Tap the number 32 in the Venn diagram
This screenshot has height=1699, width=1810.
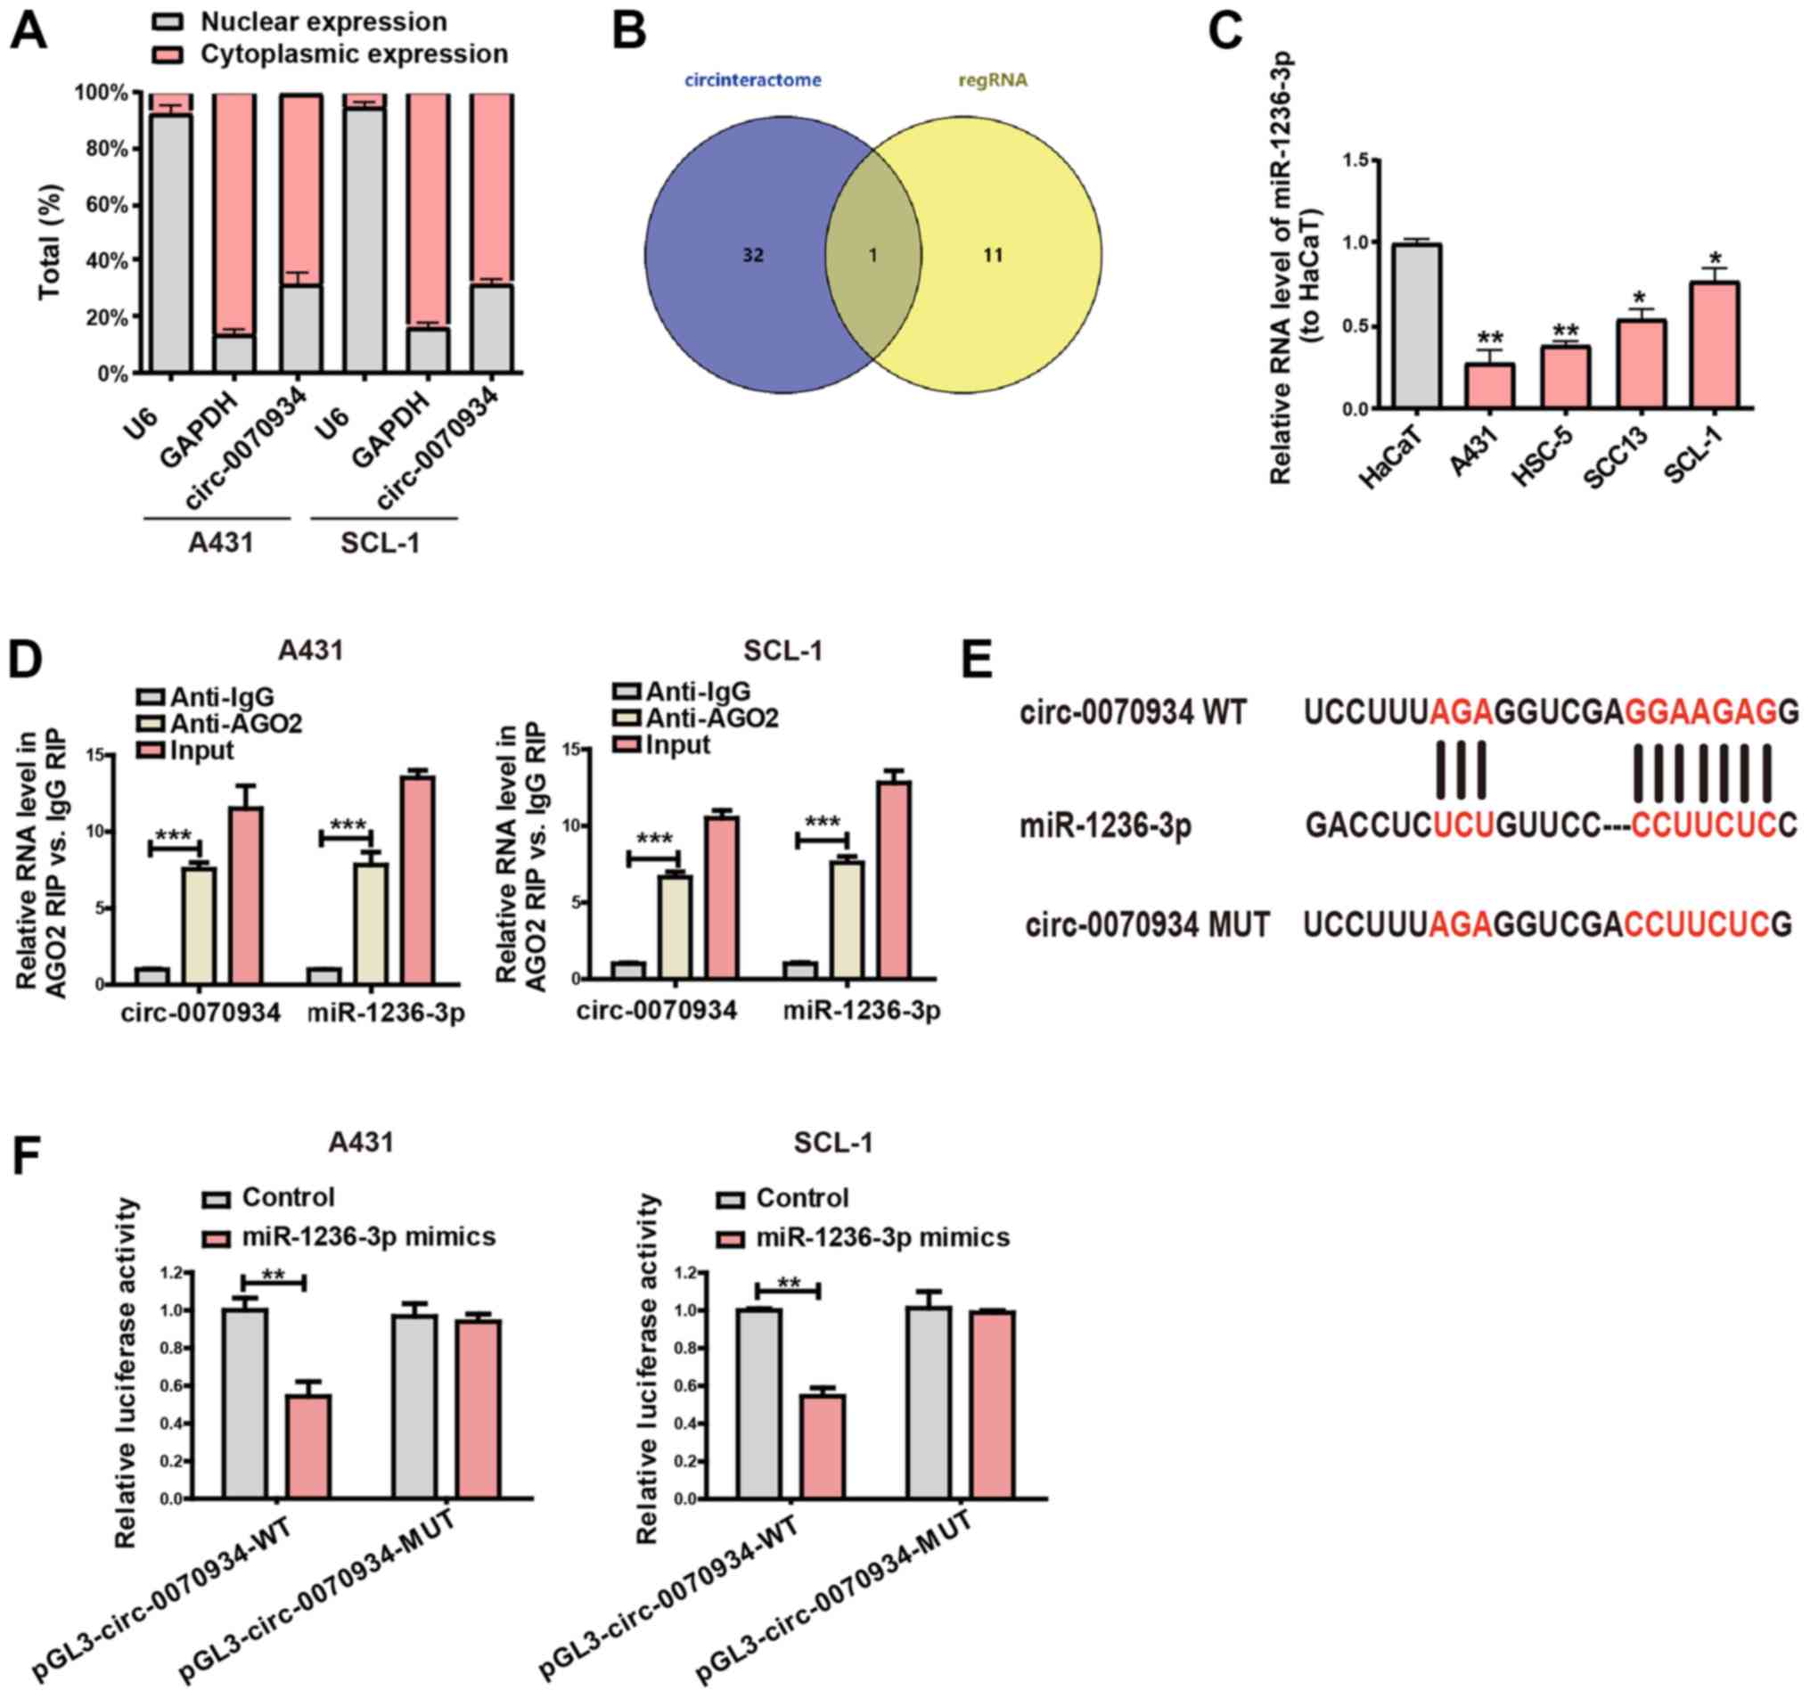tap(752, 256)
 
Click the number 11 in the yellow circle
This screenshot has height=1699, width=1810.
tap(993, 256)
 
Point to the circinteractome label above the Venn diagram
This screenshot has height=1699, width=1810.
tap(753, 80)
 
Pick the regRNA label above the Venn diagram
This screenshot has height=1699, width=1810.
tap(993, 80)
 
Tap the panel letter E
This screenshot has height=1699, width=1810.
tap(976, 657)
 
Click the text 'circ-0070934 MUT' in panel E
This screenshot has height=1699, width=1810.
tap(1147, 925)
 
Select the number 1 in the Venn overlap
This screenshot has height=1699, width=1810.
tap(872, 256)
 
